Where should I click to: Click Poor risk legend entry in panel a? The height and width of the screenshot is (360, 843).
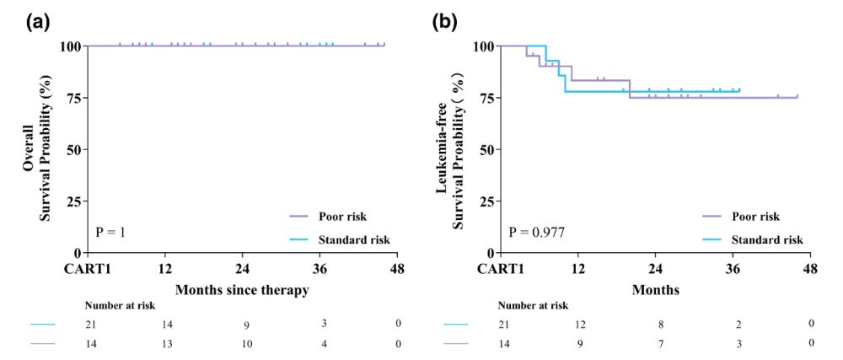click(342, 217)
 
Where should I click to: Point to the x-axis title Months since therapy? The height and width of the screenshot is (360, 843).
click(242, 290)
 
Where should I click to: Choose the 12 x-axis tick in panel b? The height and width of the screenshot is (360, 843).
click(577, 269)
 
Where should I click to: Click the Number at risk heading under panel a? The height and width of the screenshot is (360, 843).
click(120, 305)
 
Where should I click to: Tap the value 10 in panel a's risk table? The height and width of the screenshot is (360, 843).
click(243, 343)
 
